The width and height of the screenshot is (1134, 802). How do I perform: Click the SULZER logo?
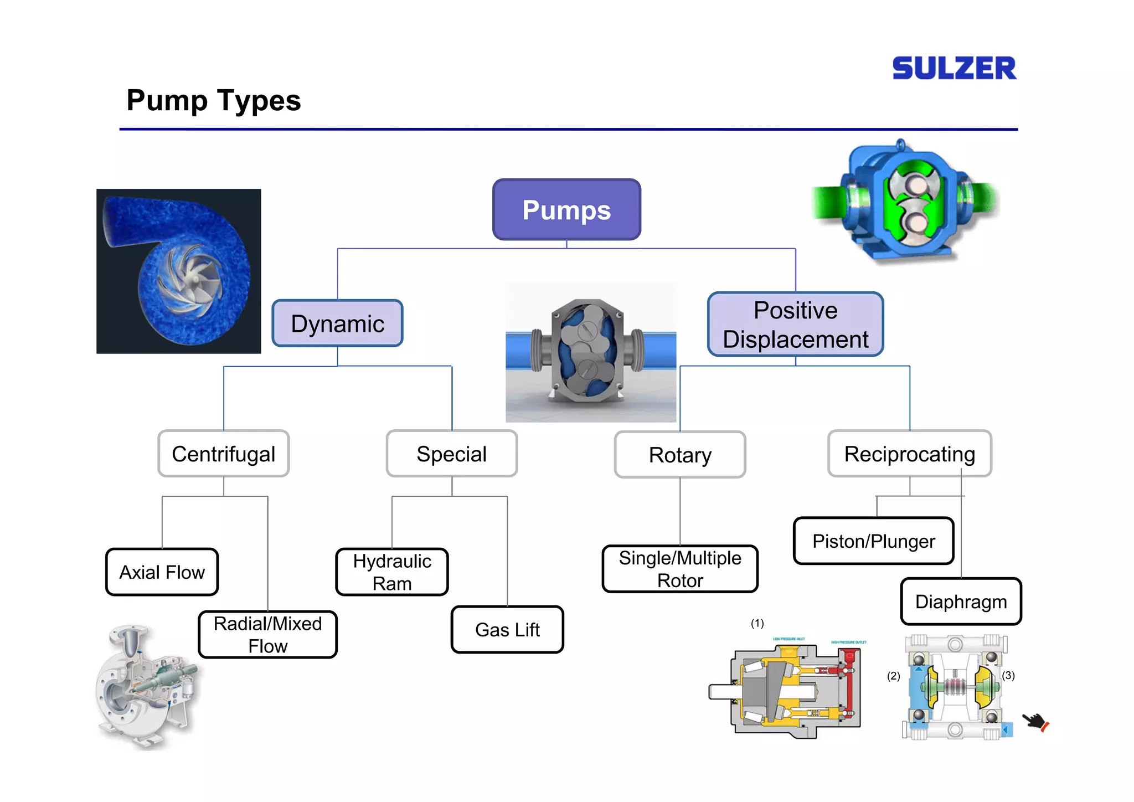tap(953, 68)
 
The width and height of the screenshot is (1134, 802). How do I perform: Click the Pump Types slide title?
tap(213, 100)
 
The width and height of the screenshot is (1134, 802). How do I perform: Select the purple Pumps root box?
tap(566, 210)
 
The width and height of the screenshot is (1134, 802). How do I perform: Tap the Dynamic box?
tap(337, 323)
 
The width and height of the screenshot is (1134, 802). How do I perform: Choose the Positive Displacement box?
tap(795, 325)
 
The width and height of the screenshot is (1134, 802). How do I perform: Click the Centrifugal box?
tap(223, 454)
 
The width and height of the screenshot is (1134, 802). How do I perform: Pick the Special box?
tap(451, 454)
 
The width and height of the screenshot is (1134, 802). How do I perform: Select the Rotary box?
tap(679, 455)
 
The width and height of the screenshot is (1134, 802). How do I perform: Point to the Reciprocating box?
tap(909, 454)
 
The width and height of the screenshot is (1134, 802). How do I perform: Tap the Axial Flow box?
tap(162, 572)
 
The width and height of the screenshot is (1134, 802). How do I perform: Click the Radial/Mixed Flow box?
tap(267, 635)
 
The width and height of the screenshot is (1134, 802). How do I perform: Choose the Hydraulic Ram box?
tap(391, 572)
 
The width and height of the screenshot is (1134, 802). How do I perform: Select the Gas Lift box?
tap(507, 630)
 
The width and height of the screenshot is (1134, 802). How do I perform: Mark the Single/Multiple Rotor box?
tap(679, 569)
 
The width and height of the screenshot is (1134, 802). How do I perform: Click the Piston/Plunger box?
tap(873, 541)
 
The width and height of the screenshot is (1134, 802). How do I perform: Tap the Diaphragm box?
tap(961, 601)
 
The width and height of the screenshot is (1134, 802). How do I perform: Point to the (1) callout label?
tap(757, 624)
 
